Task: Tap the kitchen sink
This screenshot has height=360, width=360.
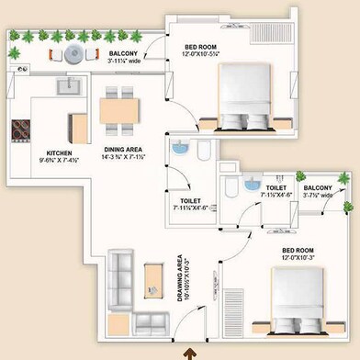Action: (67, 86)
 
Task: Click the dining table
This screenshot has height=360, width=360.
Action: (121, 111)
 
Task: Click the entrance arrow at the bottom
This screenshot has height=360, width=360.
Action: (190, 351)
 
